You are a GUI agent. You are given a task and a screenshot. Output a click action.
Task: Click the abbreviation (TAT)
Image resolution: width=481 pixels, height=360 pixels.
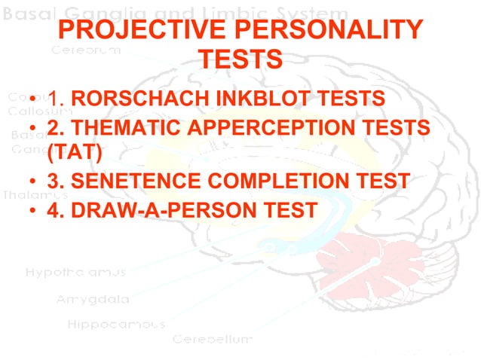coord(73,153)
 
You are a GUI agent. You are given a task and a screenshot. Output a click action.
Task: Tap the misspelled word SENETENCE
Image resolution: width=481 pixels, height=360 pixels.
coord(140,182)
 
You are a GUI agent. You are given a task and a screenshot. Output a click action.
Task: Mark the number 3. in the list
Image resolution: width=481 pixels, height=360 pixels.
coord(55,182)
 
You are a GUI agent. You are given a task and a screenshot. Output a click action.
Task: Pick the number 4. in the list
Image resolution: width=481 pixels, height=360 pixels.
coord(55,210)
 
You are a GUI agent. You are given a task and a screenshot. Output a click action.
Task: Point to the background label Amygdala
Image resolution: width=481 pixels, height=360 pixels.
coord(93,299)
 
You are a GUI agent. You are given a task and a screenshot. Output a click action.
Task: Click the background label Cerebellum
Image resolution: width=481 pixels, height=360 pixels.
coord(211,339)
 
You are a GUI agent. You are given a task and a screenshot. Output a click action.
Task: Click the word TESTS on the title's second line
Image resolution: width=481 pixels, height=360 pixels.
coord(239,58)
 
